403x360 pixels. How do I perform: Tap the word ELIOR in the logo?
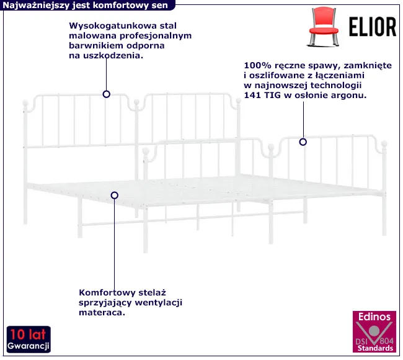pyautogui.click(x=370, y=27)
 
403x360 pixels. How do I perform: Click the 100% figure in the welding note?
pyautogui.click(x=256, y=64)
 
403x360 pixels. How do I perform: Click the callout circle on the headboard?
pyautogui.click(x=107, y=94)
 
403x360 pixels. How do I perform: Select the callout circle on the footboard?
pyautogui.click(x=303, y=142)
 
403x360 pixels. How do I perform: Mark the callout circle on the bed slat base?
pyautogui.click(x=115, y=195)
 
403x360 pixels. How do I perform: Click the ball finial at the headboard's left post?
pyautogui.click(x=26, y=104)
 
